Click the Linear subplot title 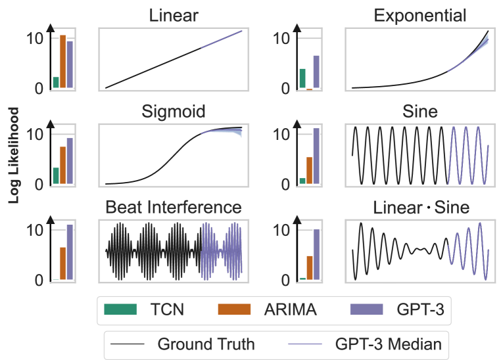click(x=173, y=16)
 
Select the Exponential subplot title click(x=420, y=16)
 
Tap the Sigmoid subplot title click(x=174, y=111)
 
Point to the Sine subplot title click(x=420, y=112)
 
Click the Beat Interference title click(x=174, y=208)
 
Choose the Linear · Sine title click(x=421, y=208)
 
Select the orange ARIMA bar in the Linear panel click(x=63, y=61)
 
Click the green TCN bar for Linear click(x=56, y=82)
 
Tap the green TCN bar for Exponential click(x=302, y=78)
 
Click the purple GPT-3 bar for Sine click(x=316, y=156)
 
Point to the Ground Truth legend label click(x=206, y=344)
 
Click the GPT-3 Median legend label click(x=388, y=344)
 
